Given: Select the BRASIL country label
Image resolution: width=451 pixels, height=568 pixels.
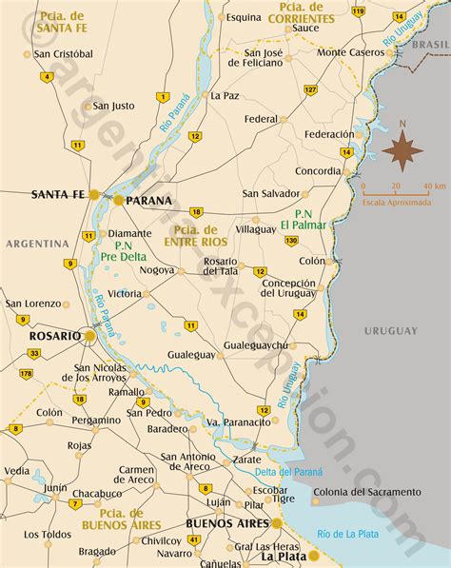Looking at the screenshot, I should pos(431,45).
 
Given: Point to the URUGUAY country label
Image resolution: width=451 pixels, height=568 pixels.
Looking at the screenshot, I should pos(390,330).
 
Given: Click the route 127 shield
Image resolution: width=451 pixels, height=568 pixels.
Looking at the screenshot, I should pos(311,88).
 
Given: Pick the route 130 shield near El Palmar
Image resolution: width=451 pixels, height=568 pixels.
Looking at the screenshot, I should pos(291,241).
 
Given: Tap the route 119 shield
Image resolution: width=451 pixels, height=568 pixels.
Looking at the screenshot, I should pos(357,11).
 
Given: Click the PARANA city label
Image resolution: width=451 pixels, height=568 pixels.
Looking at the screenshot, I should pos(149,201).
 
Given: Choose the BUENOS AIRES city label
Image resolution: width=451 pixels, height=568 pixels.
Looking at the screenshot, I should pos(226,523).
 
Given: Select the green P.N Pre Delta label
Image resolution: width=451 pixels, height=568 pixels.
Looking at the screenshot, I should pos(125,249).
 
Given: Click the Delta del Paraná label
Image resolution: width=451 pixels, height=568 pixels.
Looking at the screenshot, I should pos(287,472).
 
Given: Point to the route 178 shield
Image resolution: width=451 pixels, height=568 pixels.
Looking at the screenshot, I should pos(27,373).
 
